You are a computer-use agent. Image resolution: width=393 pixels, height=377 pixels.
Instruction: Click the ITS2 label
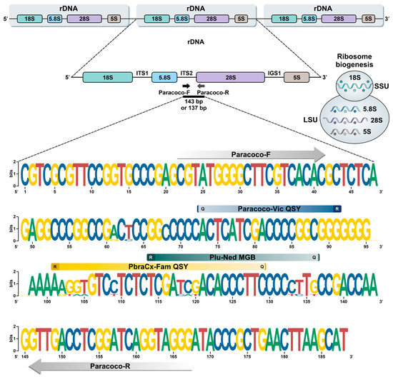click(186, 69)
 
